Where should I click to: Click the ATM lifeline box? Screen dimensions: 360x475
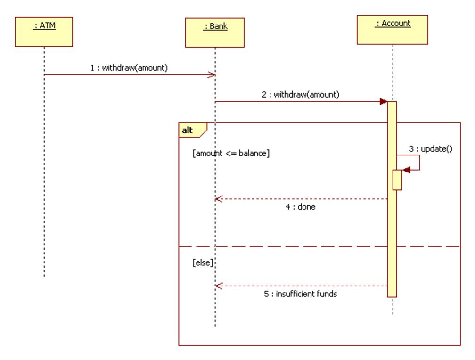point(44,32)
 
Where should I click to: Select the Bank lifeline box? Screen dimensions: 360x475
point(215,33)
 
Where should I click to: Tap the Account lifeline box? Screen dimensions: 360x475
point(393,30)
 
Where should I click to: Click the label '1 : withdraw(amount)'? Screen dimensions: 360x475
point(129,67)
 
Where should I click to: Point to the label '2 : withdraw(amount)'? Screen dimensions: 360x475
point(301,94)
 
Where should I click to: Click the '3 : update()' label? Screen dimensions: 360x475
point(430,149)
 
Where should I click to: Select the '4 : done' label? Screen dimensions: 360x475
point(300,206)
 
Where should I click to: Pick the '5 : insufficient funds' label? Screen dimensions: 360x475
point(300,294)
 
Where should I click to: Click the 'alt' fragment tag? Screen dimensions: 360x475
point(188,130)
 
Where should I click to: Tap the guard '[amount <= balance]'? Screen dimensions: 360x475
point(231,153)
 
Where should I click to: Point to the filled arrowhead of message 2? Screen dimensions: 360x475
point(384,102)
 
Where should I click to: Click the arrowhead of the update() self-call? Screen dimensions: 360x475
point(406,170)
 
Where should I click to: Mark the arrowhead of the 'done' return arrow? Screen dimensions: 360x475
point(219,199)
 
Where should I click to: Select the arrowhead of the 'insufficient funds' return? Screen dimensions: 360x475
point(219,286)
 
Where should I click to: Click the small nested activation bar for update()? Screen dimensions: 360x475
point(397,180)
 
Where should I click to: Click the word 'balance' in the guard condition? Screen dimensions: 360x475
point(254,153)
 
